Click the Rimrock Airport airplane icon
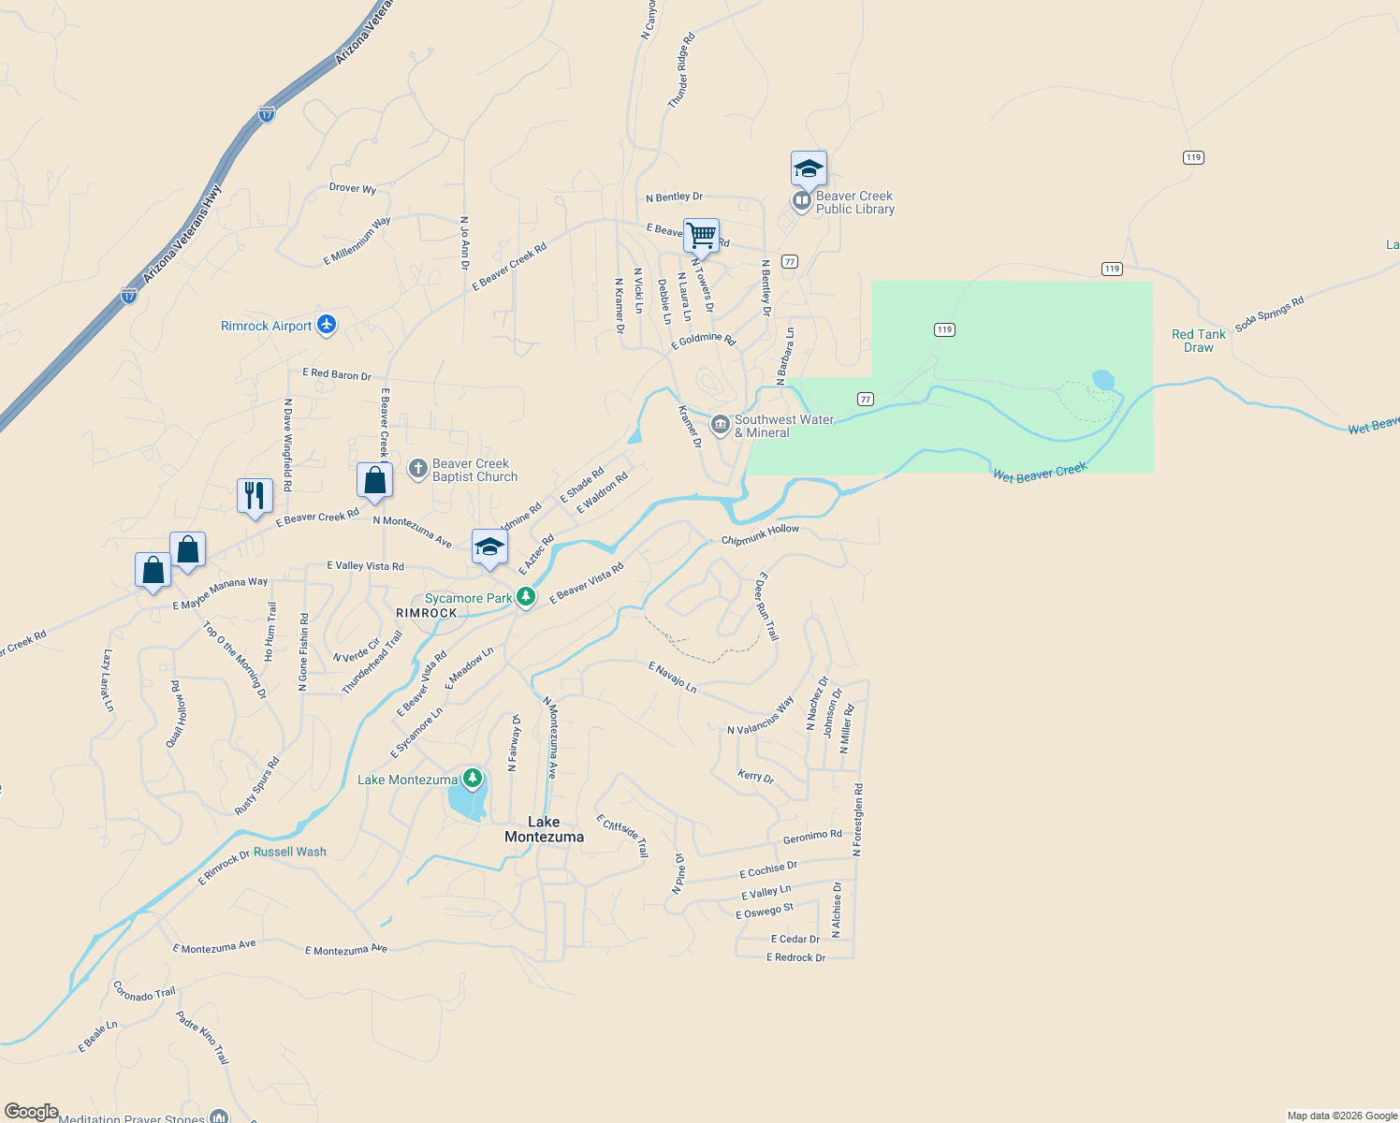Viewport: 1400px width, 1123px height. pos(326,325)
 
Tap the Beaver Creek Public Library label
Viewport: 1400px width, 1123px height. pos(854,202)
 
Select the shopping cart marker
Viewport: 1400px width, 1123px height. pos(701,235)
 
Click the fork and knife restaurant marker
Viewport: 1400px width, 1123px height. pos(255,494)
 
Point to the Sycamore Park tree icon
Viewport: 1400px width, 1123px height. pos(526,597)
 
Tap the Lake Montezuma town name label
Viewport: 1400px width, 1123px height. pos(544,829)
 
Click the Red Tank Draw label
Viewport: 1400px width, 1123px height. pos(1198,341)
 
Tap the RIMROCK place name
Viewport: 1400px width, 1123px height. pos(427,613)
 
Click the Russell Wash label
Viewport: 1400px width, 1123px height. pos(290,852)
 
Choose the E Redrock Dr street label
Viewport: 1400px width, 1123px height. pos(795,957)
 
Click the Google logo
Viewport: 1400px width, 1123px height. pos(31,1112)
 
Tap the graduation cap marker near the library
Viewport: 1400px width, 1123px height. pos(809,168)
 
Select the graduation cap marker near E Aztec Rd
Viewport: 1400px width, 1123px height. pos(489,547)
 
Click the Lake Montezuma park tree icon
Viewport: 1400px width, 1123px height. pos(473,778)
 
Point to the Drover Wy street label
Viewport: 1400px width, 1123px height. pos(353,188)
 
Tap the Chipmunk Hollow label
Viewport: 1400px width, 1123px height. pos(760,534)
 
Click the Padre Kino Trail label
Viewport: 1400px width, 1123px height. pos(202,1037)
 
